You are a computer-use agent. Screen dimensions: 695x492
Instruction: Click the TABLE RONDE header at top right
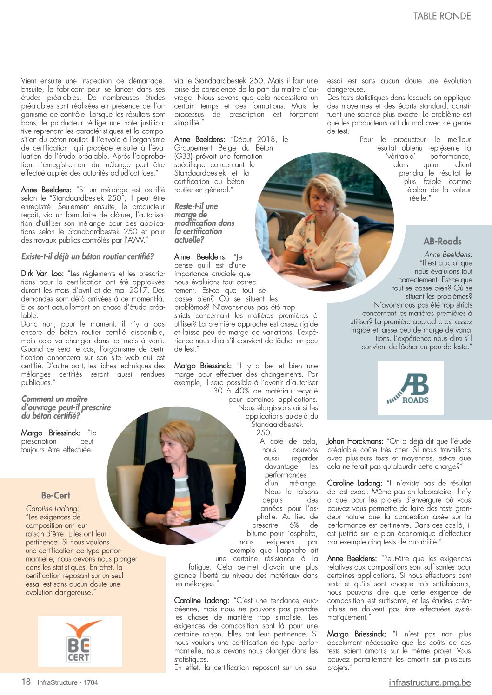442,16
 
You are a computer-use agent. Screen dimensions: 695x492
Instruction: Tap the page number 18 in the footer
26,682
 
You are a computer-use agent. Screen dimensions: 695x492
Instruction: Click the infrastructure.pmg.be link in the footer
430,682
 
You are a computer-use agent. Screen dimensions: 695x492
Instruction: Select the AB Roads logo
410,388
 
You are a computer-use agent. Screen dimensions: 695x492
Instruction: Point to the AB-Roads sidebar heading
442,241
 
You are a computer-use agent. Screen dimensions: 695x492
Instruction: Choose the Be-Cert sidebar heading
56,495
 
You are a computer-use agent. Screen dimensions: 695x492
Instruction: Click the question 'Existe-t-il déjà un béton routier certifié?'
87,256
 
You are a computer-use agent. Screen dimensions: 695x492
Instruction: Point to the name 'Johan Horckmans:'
355,441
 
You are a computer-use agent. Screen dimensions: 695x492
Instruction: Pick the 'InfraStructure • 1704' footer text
68,682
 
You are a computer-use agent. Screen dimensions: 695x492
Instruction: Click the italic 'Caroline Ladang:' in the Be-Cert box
53,508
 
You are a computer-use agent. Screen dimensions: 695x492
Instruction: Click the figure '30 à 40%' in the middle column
232,391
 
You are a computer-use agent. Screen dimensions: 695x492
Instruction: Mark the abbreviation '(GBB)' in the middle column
184,156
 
